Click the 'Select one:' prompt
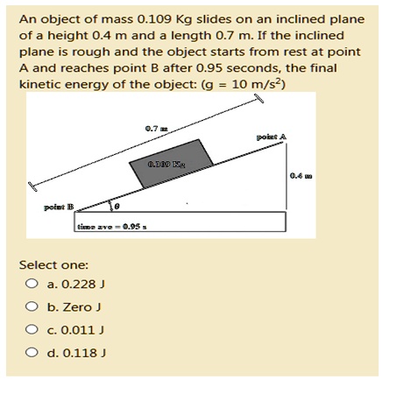[x=53, y=264]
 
